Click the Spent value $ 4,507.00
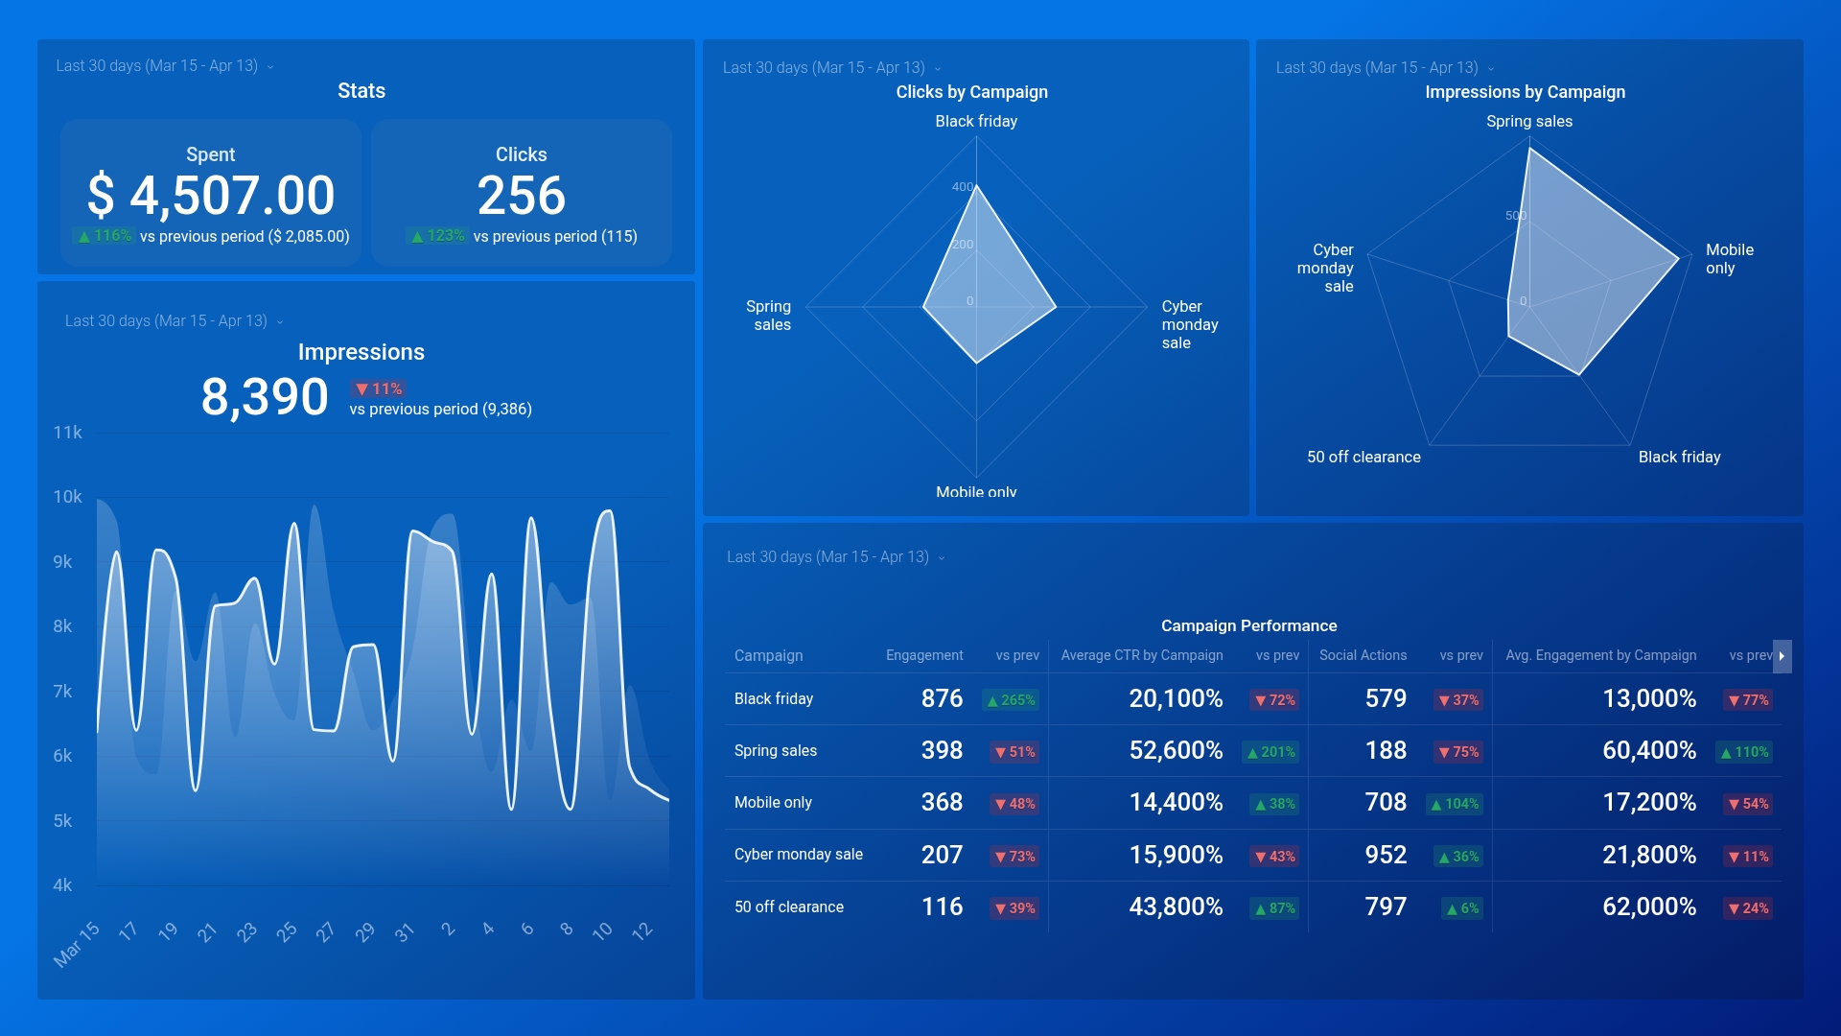click(211, 196)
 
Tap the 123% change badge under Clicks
click(437, 236)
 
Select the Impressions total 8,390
click(264, 397)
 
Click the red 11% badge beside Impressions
click(379, 388)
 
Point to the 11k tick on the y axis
click(67, 433)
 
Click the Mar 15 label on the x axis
click(76, 944)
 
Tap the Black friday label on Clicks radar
click(976, 121)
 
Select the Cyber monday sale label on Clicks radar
click(1189, 324)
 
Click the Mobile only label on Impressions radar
click(1729, 259)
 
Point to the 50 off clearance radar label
click(1363, 458)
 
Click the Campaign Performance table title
click(1248, 625)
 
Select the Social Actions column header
click(1363, 655)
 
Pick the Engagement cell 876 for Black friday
click(942, 699)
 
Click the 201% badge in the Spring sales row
click(1270, 752)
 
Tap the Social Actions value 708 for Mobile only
click(1386, 803)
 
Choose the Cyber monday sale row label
click(798, 855)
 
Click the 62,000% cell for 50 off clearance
click(1649, 907)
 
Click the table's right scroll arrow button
click(1782, 656)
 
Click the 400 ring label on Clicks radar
click(962, 187)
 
